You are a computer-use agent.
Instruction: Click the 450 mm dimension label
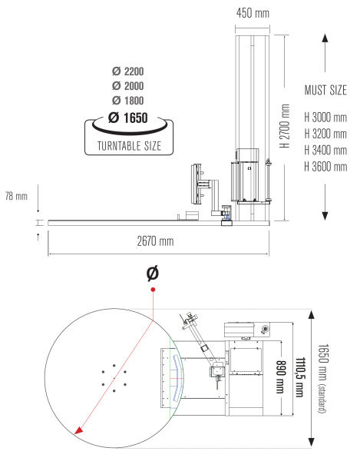point(253,13)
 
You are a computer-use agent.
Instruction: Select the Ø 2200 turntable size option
point(127,71)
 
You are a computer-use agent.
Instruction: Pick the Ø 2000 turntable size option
point(127,86)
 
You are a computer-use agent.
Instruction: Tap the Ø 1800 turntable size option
point(127,101)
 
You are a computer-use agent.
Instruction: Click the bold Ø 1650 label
point(127,118)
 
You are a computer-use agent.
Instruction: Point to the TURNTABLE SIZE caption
point(129,146)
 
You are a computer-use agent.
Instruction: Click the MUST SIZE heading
point(325,90)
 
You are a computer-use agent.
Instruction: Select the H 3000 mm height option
point(325,118)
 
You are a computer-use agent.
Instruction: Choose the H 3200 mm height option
point(325,134)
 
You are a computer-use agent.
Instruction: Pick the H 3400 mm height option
point(325,151)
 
